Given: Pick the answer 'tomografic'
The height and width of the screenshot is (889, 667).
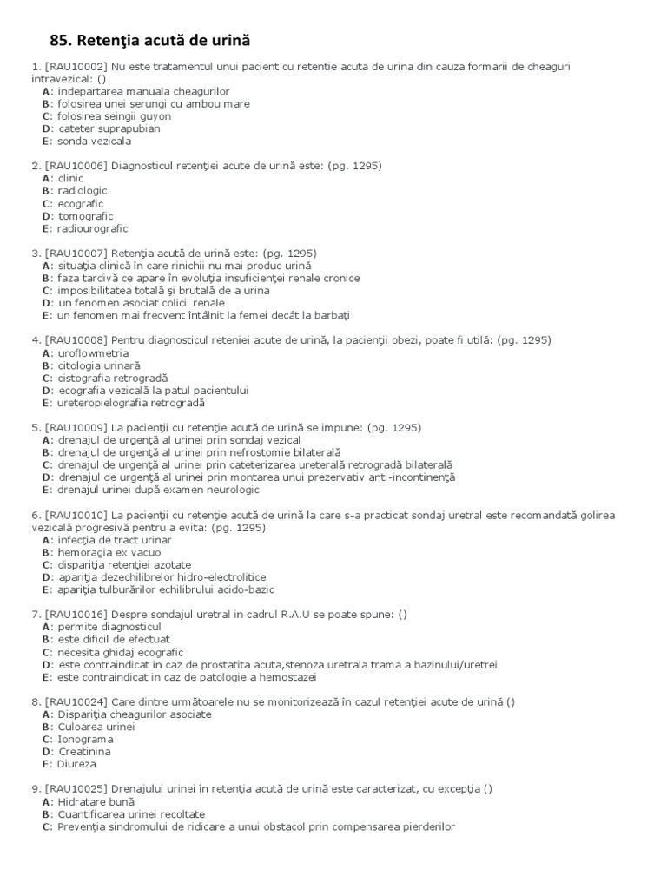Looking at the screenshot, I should [85, 216].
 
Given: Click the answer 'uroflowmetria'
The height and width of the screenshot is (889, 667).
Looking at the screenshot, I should [93, 353].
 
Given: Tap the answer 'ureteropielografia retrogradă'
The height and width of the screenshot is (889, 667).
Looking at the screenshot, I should [131, 403].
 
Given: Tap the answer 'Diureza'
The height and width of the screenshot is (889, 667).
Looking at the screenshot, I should [77, 764].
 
